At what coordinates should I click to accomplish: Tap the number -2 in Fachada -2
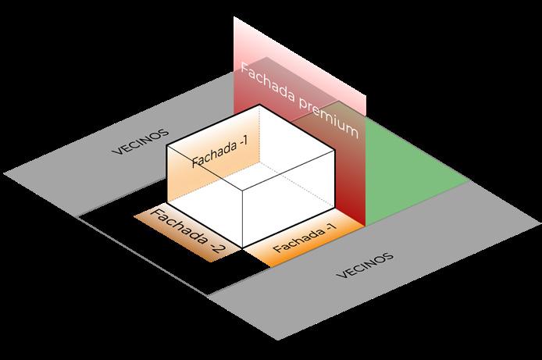coord(213,249)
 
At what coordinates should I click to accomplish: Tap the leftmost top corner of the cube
coord(169,145)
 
